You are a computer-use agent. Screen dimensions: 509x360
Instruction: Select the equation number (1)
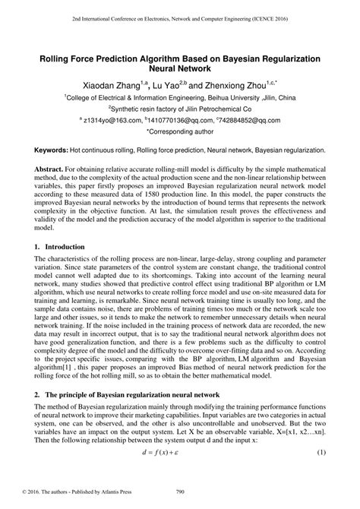point(321,474)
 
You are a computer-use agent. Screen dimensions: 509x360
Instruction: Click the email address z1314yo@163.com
point(107,119)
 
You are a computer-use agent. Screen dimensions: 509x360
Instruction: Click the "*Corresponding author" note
point(180,131)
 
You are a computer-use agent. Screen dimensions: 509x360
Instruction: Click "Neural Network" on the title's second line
point(180,69)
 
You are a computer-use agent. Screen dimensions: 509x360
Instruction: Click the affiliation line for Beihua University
point(180,97)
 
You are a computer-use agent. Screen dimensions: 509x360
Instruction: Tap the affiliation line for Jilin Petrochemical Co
point(180,108)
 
